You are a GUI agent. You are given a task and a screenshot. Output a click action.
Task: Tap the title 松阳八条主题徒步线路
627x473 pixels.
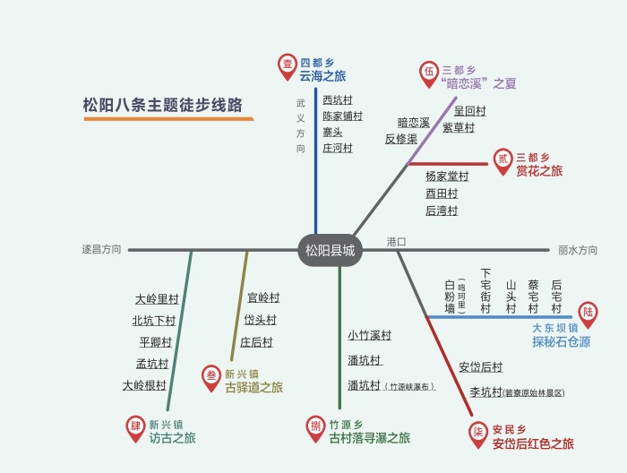tap(162, 104)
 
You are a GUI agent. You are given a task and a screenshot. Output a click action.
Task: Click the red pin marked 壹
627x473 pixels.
tap(288, 64)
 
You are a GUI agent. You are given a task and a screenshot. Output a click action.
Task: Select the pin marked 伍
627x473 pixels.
tap(429, 72)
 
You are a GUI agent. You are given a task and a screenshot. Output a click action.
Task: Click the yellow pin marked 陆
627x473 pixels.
tap(588, 313)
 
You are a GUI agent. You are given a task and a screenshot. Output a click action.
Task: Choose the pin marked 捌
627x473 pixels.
tap(315, 426)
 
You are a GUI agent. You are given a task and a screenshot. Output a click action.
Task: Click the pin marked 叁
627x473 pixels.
tap(210, 377)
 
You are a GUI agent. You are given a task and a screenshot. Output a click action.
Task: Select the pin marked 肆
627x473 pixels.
tap(135, 427)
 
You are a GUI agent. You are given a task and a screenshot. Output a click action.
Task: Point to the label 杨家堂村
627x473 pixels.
tap(447, 176)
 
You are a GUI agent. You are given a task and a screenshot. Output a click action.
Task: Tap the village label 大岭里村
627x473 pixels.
tap(157, 299)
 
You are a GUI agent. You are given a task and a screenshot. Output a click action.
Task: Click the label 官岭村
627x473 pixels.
tap(263, 297)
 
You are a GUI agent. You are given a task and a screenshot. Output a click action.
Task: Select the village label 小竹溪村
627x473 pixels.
tap(370, 336)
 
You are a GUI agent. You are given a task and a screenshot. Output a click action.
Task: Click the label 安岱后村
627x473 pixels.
tap(481, 366)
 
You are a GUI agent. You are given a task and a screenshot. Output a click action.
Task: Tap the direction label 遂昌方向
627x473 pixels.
tap(101, 250)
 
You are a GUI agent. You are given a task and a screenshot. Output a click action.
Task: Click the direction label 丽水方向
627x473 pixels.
tap(578, 251)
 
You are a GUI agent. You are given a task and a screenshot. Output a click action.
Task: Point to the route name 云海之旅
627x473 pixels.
tap(323, 77)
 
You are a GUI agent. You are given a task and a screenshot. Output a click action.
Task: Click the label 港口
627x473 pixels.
tap(397, 242)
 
